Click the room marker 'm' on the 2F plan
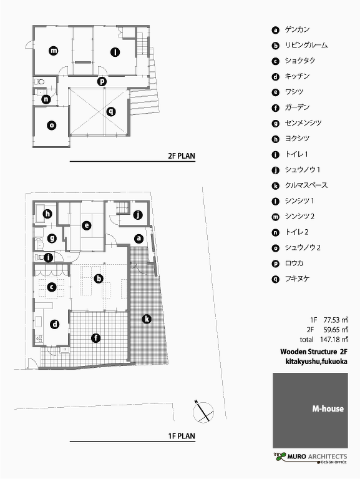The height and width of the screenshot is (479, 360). [54, 51]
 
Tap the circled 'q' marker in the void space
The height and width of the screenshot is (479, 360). [111, 112]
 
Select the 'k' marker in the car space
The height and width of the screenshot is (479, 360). [147, 319]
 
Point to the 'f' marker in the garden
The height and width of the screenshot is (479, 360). [96, 338]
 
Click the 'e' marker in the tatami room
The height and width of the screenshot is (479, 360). [87, 225]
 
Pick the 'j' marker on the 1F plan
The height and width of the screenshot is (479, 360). [138, 215]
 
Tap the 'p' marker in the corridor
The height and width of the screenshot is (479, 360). [102, 81]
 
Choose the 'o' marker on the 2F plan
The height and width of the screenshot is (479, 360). [52, 125]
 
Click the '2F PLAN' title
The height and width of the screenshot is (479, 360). [181, 156]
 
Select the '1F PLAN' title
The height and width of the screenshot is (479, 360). [182, 436]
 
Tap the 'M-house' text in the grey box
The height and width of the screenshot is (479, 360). [328, 408]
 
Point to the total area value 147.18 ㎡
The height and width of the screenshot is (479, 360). [334, 339]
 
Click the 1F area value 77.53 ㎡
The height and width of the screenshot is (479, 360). [336, 320]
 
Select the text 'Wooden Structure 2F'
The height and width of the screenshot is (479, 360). [314, 352]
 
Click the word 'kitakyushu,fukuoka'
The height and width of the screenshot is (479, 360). [316, 362]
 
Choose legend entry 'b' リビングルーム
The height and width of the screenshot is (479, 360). [299, 45]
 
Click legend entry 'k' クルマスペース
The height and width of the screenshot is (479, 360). [299, 185]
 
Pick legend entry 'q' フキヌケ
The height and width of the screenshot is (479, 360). [291, 279]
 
